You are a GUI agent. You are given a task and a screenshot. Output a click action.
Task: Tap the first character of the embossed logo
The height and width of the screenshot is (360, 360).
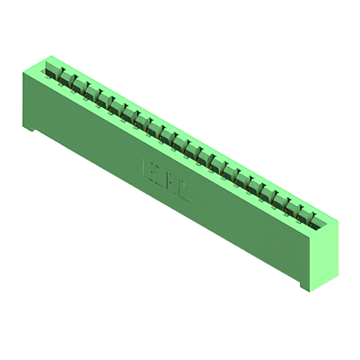tap(151, 169)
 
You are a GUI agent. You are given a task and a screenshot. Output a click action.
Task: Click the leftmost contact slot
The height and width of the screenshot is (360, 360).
tap(52, 71)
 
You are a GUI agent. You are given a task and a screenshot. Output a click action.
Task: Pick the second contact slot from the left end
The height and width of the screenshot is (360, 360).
tap(66, 78)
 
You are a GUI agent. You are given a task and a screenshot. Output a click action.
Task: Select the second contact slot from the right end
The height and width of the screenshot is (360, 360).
tap(294, 209)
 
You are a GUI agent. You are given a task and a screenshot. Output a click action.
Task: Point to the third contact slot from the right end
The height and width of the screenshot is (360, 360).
tap(281, 201)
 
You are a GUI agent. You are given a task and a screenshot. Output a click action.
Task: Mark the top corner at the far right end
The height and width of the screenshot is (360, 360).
tap(338, 220)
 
